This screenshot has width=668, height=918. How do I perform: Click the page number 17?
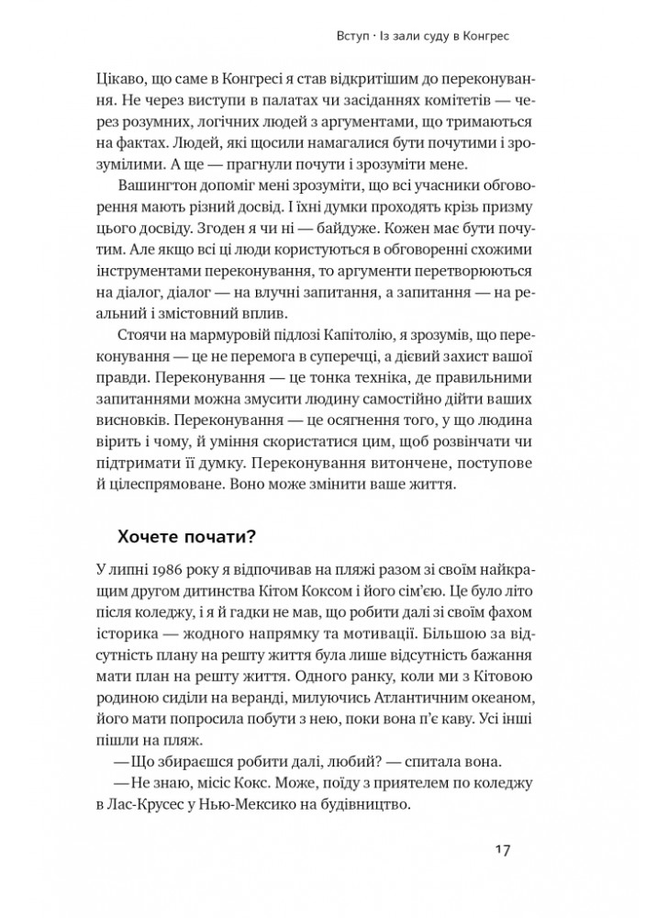500,847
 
